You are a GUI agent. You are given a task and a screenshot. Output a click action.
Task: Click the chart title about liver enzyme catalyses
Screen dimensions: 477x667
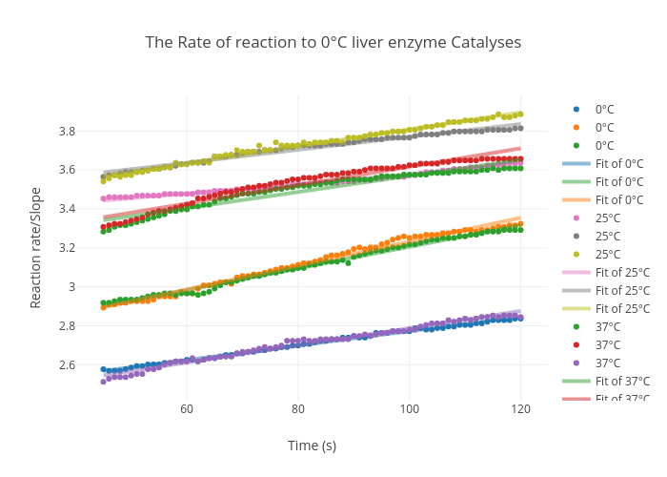tap(333, 43)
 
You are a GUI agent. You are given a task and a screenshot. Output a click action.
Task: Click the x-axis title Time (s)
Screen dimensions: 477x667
tap(312, 446)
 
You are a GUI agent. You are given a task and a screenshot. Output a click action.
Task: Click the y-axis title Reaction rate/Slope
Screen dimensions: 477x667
tap(36, 260)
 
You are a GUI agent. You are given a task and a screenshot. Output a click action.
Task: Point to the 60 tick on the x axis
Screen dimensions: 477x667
tap(187, 409)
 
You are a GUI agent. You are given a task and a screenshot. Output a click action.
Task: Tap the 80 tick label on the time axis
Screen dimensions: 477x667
tap(298, 409)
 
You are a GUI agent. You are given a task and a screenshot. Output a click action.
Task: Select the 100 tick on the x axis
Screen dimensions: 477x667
tap(409, 409)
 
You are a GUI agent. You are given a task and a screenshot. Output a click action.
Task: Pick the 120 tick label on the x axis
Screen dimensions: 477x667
tap(520, 409)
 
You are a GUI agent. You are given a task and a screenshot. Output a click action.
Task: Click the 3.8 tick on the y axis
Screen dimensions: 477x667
tap(69, 131)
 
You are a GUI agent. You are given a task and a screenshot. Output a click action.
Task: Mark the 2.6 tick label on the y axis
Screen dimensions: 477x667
tap(69, 365)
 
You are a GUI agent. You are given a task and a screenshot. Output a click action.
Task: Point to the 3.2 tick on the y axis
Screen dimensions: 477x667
tap(69, 248)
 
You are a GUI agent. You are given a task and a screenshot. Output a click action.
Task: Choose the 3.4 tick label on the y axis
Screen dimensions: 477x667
tap(69, 209)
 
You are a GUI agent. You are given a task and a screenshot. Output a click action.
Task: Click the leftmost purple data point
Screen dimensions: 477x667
tap(103, 382)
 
